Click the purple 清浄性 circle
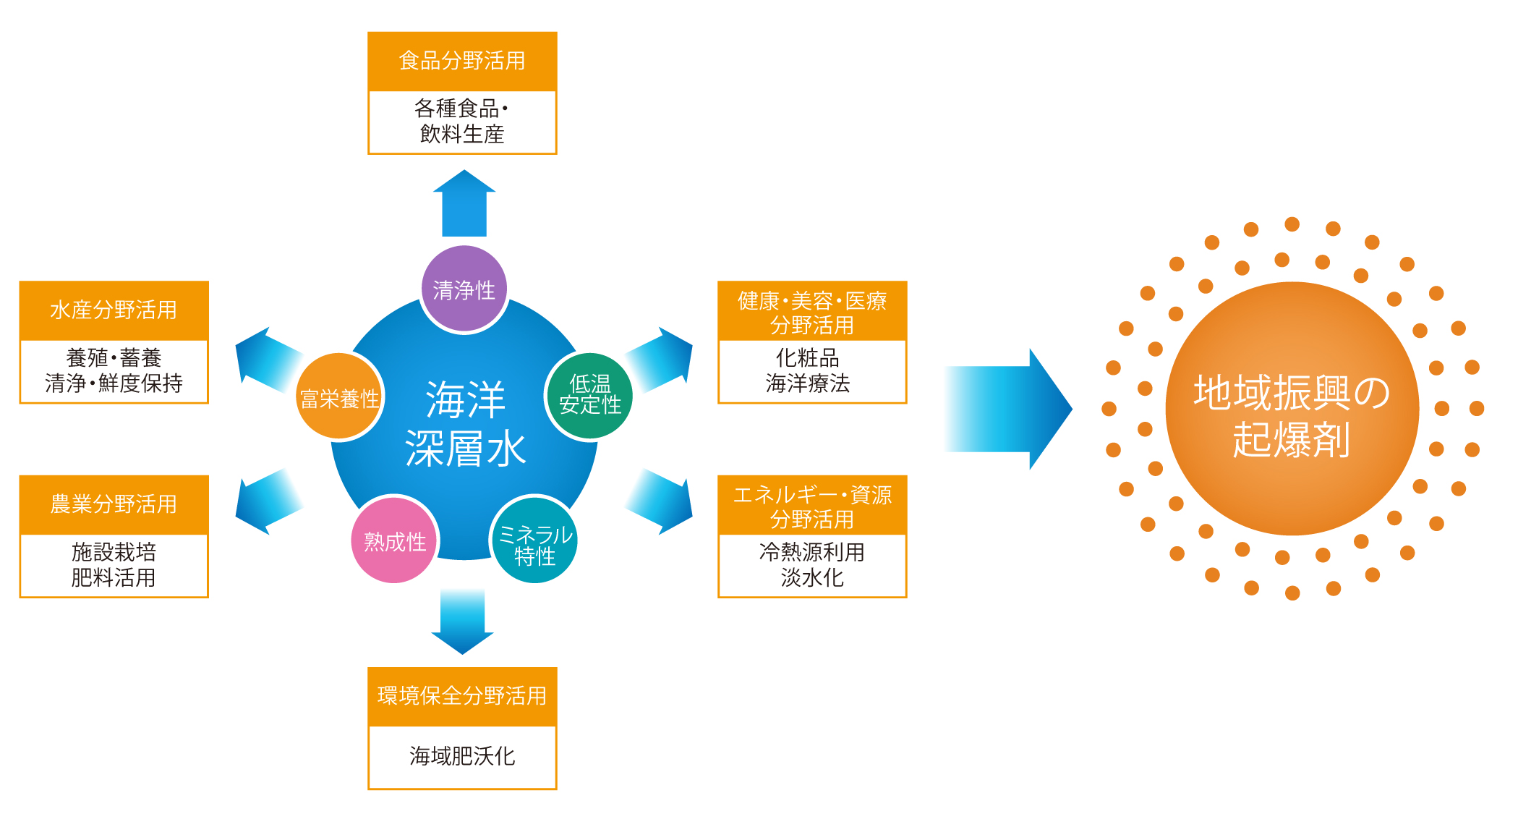[464, 289]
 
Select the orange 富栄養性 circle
[339, 397]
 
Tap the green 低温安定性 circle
[589, 395]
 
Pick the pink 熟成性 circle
[395, 540]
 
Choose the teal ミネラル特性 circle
[534, 540]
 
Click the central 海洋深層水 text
[465, 423]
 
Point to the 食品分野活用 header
[462, 61]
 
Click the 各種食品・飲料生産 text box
[462, 122]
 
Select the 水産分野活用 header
[114, 310]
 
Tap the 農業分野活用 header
[114, 504]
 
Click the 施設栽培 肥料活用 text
[114, 565]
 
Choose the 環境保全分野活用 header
[462, 696]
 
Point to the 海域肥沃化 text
[462, 756]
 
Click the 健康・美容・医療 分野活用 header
[812, 312]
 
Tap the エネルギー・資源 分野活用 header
[812, 506]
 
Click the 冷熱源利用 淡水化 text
[812, 565]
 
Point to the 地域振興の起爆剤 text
[1292, 416]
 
